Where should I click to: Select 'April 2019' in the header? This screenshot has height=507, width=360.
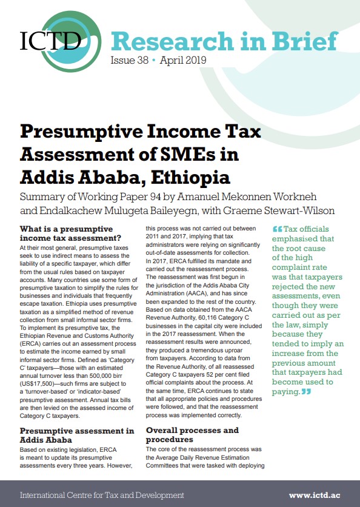click(x=184, y=61)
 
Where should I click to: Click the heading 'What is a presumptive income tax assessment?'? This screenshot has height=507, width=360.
click(x=67, y=234)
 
